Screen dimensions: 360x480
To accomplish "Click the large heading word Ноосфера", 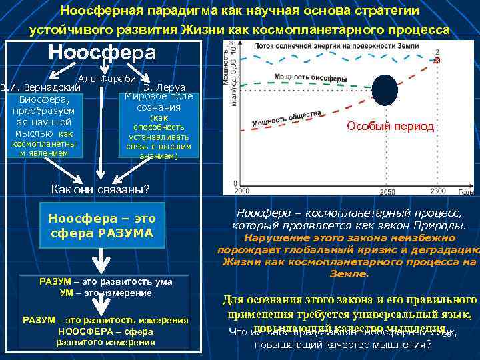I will [x=103, y=53].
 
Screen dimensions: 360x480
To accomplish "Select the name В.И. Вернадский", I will [x=41, y=87].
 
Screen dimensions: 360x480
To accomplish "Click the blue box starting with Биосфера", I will [x=42, y=124].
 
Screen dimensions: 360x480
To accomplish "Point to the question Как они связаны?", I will [x=101, y=189].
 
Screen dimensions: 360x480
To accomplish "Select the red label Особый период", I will [x=391, y=127].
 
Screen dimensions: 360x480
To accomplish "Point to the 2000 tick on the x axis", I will [x=241, y=192].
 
